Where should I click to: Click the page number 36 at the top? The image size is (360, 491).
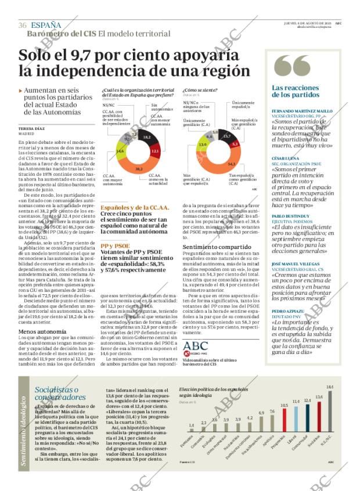tap(23, 25)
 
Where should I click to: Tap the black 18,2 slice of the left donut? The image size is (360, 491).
tap(146, 138)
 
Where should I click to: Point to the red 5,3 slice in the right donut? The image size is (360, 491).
tap(235, 143)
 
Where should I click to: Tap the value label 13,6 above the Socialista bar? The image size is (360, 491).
tap(319, 397)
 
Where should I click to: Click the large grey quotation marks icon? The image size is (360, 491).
tap(290, 68)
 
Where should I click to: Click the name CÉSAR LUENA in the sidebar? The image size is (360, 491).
tap(285, 158)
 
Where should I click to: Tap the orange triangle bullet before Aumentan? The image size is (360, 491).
tap(21, 91)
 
